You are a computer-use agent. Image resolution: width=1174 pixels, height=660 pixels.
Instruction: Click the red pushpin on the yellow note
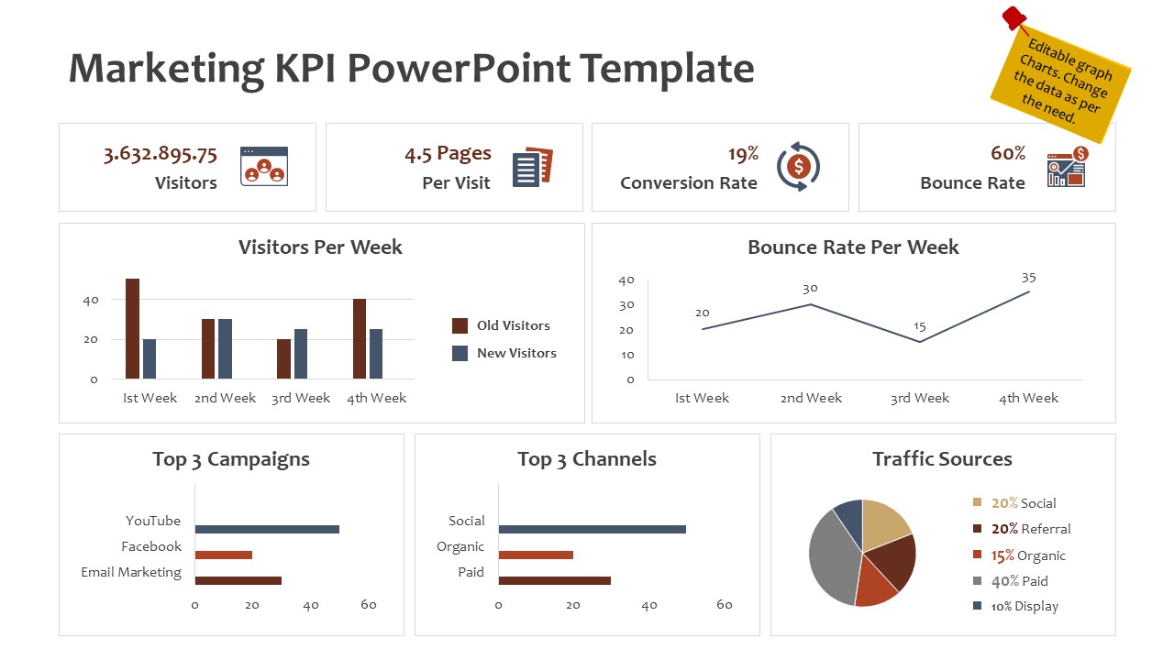click(x=1013, y=17)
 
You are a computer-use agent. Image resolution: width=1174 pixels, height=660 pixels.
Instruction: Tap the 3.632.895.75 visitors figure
click(x=161, y=154)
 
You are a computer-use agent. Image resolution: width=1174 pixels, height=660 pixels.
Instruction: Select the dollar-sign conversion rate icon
click(x=798, y=167)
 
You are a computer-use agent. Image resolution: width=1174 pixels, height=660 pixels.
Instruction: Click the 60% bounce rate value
click(x=1008, y=154)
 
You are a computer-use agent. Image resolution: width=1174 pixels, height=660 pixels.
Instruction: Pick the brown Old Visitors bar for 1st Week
click(x=132, y=328)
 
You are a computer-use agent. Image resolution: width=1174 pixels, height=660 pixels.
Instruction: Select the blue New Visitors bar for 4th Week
click(x=376, y=354)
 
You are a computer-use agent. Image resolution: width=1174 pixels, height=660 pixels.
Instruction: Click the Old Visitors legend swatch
click(x=460, y=325)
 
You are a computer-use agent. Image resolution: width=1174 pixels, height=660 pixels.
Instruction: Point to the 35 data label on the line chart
click(x=1028, y=278)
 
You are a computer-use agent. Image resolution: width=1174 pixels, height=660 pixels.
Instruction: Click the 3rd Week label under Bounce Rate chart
click(x=919, y=398)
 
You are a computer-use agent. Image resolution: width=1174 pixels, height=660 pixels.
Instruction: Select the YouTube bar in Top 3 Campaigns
click(x=267, y=529)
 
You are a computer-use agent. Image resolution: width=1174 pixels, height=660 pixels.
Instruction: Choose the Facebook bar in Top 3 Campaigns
click(x=223, y=555)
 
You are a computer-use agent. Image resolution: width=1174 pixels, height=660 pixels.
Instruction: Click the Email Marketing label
click(x=131, y=572)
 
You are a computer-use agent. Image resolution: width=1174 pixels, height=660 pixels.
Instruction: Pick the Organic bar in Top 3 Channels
click(x=536, y=555)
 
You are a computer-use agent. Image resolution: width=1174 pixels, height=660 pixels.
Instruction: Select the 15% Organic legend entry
click(x=1028, y=555)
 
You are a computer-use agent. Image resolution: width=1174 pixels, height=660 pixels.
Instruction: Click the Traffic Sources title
click(x=942, y=459)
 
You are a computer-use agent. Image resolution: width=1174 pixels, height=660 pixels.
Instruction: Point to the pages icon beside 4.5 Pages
click(x=532, y=167)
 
